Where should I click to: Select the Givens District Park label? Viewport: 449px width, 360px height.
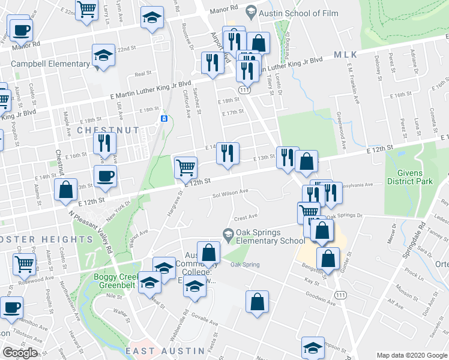(x=409, y=176)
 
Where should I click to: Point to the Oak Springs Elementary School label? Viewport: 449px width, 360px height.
(x=271, y=237)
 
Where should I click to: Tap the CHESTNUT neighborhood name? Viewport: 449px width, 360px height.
(x=108, y=130)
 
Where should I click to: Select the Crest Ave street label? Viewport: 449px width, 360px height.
(x=246, y=217)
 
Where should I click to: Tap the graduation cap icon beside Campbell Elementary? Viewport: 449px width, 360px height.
(x=104, y=57)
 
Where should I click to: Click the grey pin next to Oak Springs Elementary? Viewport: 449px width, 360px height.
(x=228, y=234)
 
